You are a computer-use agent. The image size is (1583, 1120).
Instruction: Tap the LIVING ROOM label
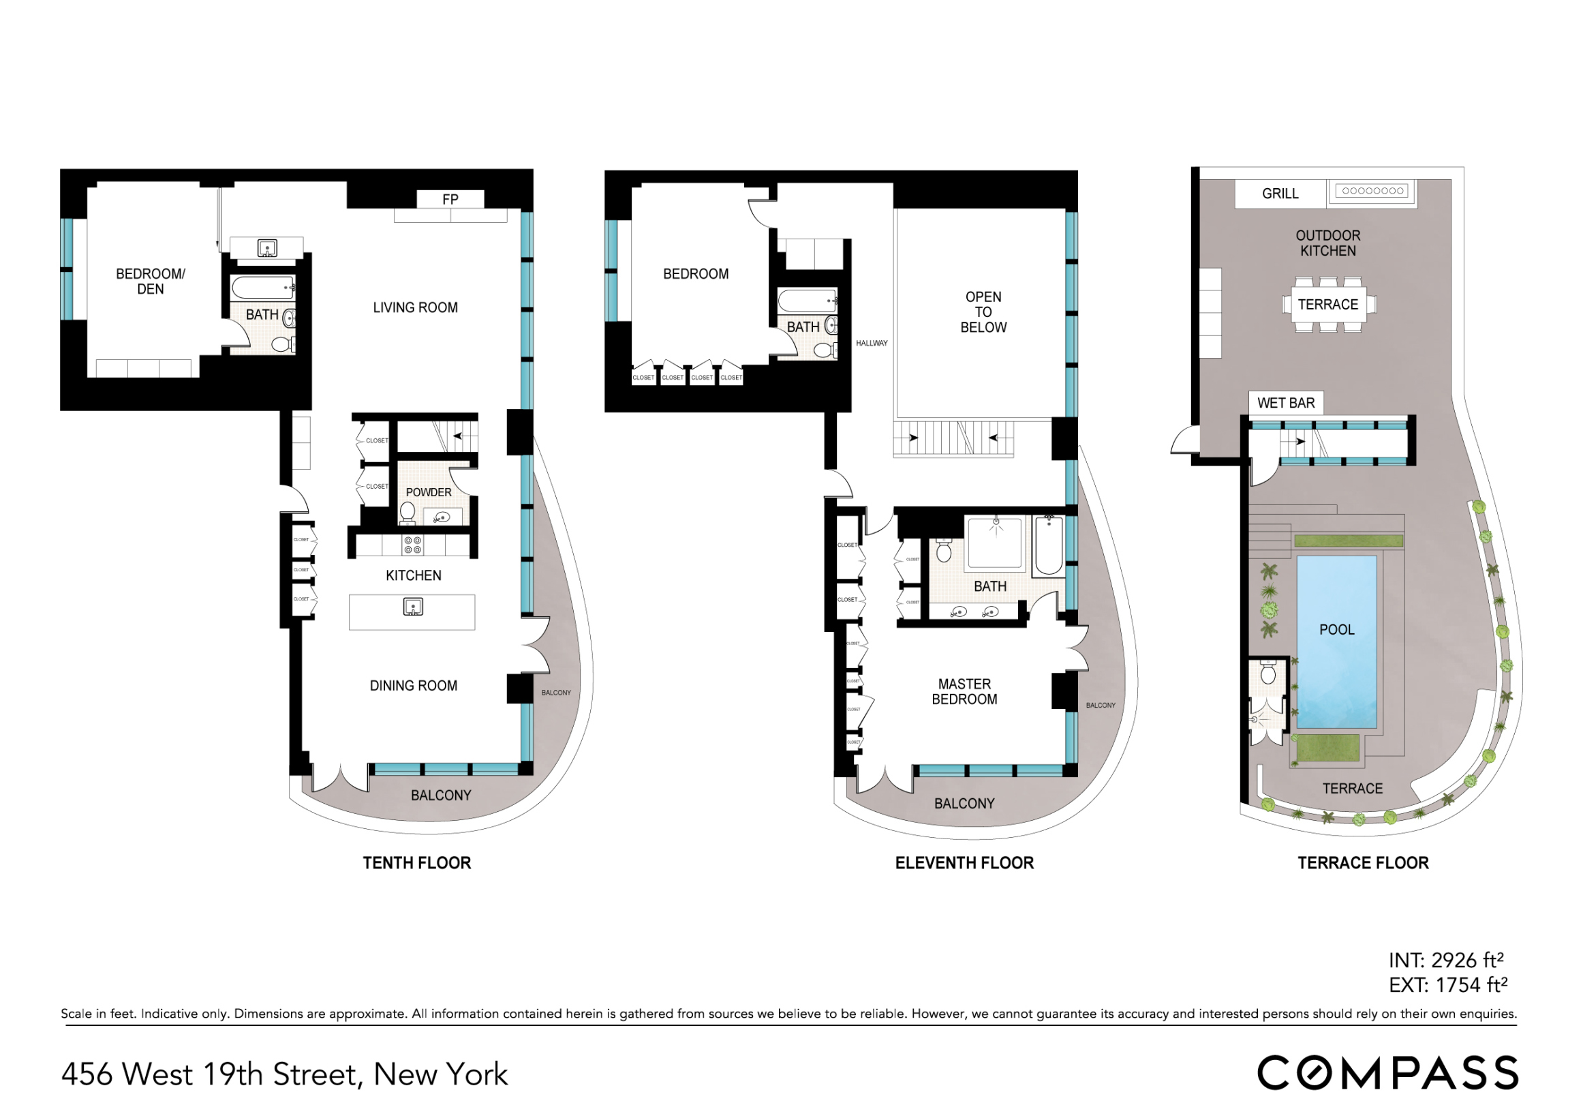point(415,307)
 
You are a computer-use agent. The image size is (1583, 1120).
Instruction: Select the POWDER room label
point(428,492)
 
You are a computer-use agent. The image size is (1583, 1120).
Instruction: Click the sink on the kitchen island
point(412,607)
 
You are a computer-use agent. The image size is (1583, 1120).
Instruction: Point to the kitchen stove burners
point(412,545)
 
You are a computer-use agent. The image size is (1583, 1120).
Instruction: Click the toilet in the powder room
point(408,512)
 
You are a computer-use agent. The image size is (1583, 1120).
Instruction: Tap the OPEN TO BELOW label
point(983,312)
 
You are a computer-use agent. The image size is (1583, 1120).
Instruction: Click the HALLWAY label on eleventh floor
point(872,344)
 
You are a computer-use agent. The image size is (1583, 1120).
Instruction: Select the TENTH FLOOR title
point(416,863)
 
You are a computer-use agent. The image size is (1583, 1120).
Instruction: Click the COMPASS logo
point(1387,1074)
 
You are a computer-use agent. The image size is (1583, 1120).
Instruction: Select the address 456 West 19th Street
point(284,1074)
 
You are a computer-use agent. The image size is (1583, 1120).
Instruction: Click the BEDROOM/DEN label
point(151,282)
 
